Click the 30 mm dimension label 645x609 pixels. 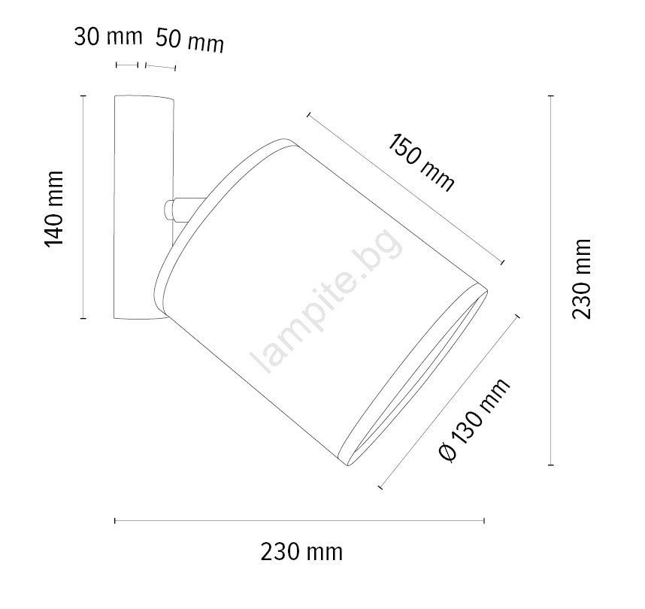click(x=108, y=37)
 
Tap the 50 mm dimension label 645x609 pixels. click(x=190, y=41)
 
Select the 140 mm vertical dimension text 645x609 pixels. click(x=54, y=208)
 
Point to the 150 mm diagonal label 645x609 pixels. click(x=421, y=162)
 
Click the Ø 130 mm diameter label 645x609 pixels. click(x=474, y=420)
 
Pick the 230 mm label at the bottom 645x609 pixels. click(x=301, y=552)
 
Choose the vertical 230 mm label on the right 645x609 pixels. click(x=582, y=279)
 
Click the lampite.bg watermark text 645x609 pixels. click(x=326, y=301)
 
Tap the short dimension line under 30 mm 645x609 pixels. click(x=127, y=65)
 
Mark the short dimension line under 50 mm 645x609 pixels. click(x=160, y=67)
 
